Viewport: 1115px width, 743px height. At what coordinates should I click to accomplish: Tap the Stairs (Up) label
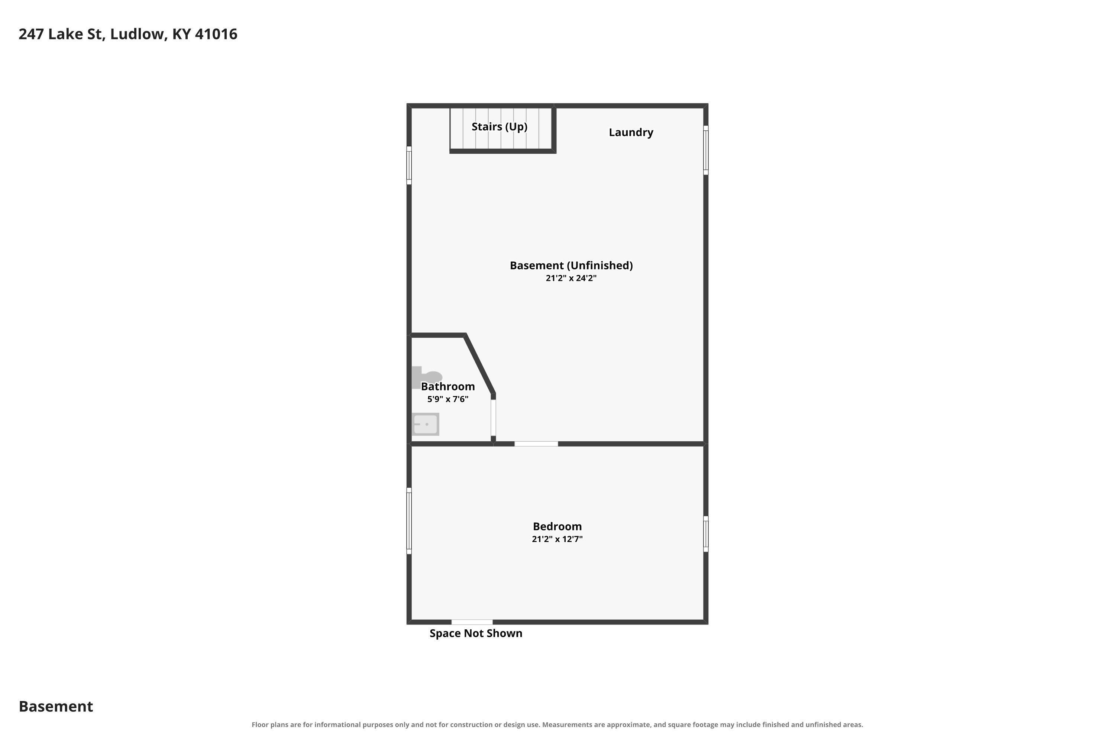(499, 127)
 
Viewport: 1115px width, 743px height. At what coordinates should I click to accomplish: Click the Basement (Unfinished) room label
(571, 265)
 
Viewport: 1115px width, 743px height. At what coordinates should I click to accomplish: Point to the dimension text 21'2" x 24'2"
(571, 278)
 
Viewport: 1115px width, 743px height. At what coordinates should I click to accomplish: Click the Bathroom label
(447, 386)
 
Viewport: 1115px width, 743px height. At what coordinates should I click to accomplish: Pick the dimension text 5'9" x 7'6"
(447, 399)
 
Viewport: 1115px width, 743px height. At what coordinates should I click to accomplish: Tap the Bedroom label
(557, 526)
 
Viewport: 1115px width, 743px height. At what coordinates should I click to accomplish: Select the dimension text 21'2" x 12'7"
(557, 539)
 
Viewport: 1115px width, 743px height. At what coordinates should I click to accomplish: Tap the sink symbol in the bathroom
(425, 424)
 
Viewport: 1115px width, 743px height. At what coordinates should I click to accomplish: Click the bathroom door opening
(493, 418)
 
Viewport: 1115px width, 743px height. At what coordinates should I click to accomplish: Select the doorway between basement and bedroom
(536, 444)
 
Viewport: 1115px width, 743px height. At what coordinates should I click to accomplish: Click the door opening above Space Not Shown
(472, 622)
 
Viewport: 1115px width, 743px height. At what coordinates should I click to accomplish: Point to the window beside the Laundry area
(705, 150)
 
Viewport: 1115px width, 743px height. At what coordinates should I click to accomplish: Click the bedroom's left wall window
(409, 521)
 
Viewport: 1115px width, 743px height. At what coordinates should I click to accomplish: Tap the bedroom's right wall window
(705, 534)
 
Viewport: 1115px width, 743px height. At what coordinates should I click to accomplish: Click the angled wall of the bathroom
(480, 364)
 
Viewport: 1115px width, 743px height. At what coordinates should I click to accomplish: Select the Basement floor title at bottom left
(56, 706)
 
